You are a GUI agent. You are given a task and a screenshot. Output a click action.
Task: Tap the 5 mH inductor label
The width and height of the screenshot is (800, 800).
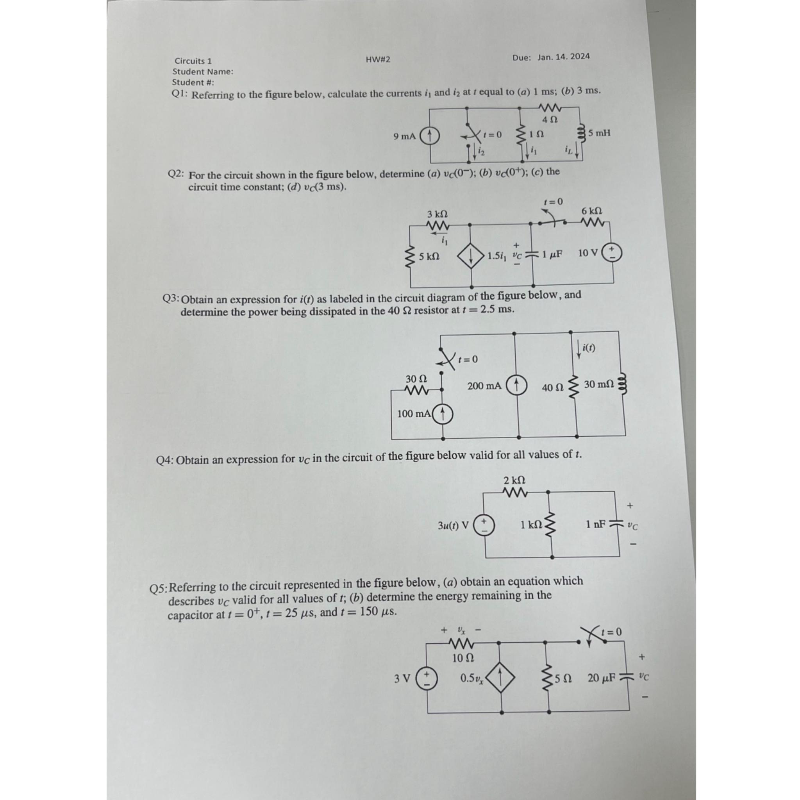pos(599,133)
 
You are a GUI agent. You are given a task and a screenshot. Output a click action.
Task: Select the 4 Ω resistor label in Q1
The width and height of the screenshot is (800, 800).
pos(550,119)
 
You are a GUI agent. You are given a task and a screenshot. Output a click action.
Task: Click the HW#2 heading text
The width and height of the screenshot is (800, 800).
pos(378,60)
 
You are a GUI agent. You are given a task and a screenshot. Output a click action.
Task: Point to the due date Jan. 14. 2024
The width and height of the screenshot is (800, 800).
pos(564,57)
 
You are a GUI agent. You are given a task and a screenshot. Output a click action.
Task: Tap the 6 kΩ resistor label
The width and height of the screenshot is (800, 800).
pos(592,211)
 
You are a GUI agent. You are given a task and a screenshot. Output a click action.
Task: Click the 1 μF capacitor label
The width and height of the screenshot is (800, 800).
pos(552,254)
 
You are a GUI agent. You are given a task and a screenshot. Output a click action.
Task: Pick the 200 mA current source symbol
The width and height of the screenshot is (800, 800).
pos(516,385)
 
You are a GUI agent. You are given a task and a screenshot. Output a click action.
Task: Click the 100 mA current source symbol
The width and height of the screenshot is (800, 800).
pos(443,413)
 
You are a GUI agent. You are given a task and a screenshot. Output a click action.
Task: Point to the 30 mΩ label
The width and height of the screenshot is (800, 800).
pos(599,384)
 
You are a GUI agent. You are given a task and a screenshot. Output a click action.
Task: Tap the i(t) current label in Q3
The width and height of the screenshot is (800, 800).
pos(588,348)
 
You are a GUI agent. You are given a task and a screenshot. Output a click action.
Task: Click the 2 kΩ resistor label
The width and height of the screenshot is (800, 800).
pos(514,480)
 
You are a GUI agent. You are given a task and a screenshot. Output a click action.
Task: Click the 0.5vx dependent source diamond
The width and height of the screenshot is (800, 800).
pos(500,678)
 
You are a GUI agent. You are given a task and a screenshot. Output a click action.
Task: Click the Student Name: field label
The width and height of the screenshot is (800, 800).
pos(203,71)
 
